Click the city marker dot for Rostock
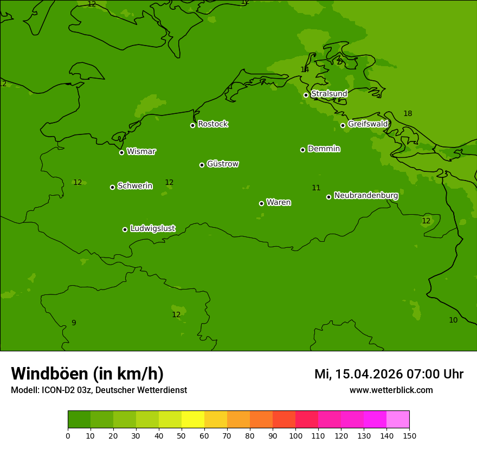click(x=192, y=125)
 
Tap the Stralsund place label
click(x=329, y=94)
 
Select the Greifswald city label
click(x=368, y=124)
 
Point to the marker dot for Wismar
click(x=121, y=152)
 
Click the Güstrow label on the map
click(x=223, y=164)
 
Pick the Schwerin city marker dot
click(x=112, y=187)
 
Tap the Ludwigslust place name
click(x=152, y=229)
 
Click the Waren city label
click(x=279, y=203)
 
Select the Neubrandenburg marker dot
click(x=328, y=197)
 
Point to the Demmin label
click(x=324, y=149)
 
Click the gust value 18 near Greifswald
click(x=408, y=114)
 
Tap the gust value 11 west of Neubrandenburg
click(x=316, y=188)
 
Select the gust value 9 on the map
click(x=74, y=323)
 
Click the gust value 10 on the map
click(x=453, y=320)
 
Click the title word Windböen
click(x=49, y=374)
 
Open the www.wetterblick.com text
click(x=391, y=390)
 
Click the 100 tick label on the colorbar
click(x=295, y=435)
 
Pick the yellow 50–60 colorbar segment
click(x=193, y=420)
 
